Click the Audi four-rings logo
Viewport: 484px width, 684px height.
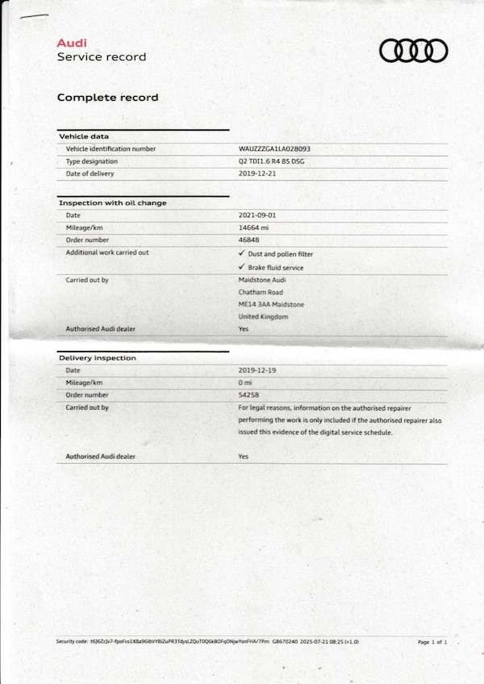(413, 51)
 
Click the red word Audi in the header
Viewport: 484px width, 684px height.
(72, 43)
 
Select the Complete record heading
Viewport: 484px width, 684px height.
(107, 98)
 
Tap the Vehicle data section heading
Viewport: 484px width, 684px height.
(84, 136)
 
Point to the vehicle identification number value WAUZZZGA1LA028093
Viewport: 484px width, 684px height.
(274, 149)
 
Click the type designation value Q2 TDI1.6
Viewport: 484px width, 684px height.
(271, 161)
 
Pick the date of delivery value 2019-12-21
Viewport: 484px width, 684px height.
(257, 173)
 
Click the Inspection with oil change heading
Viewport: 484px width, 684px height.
(112, 203)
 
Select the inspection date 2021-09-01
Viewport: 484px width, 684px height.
(257, 215)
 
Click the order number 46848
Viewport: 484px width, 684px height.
(249, 240)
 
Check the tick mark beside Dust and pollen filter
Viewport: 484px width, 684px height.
(241, 253)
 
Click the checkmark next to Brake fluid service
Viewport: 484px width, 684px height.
(241, 266)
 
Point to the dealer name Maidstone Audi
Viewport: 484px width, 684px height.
(261, 279)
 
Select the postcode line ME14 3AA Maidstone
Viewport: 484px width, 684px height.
(270, 304)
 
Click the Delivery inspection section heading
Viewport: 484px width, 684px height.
(97, 357)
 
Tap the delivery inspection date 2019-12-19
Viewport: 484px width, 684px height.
(257, 370)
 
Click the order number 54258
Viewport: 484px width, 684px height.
(249, 395)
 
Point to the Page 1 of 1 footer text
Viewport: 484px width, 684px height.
(432, 642)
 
